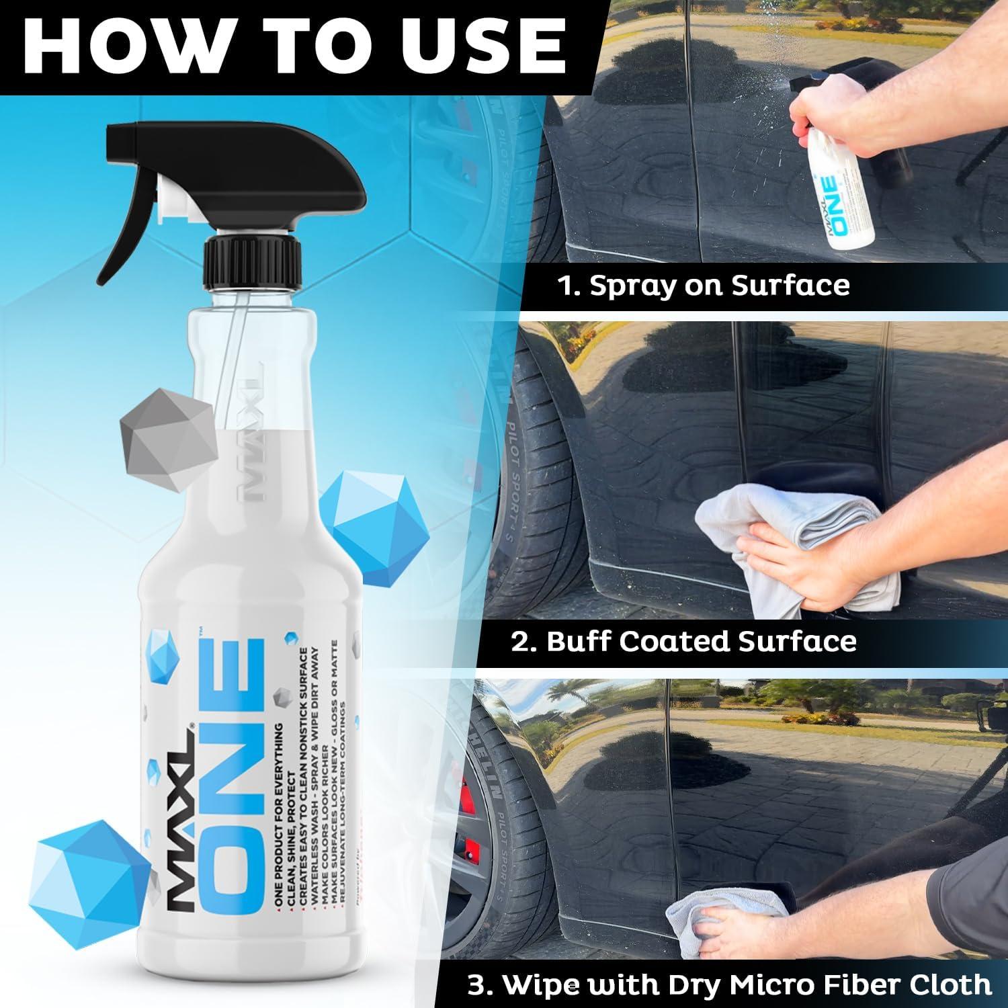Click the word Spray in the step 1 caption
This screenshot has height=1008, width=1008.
pyautogui.click(x=629, y=285)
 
